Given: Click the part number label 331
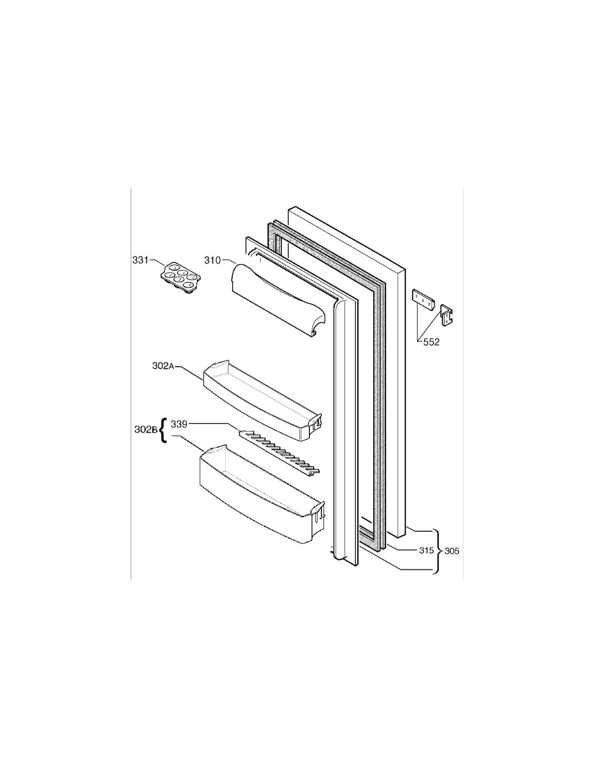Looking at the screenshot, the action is point(140,260).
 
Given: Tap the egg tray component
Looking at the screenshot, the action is point(179,277).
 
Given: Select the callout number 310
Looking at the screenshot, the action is point(212,260).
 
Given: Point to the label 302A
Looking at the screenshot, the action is point(164,366).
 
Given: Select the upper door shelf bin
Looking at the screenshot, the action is point(262,400).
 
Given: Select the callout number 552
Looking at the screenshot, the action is point(431,342).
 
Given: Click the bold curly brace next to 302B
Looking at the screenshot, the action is point(163,430).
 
